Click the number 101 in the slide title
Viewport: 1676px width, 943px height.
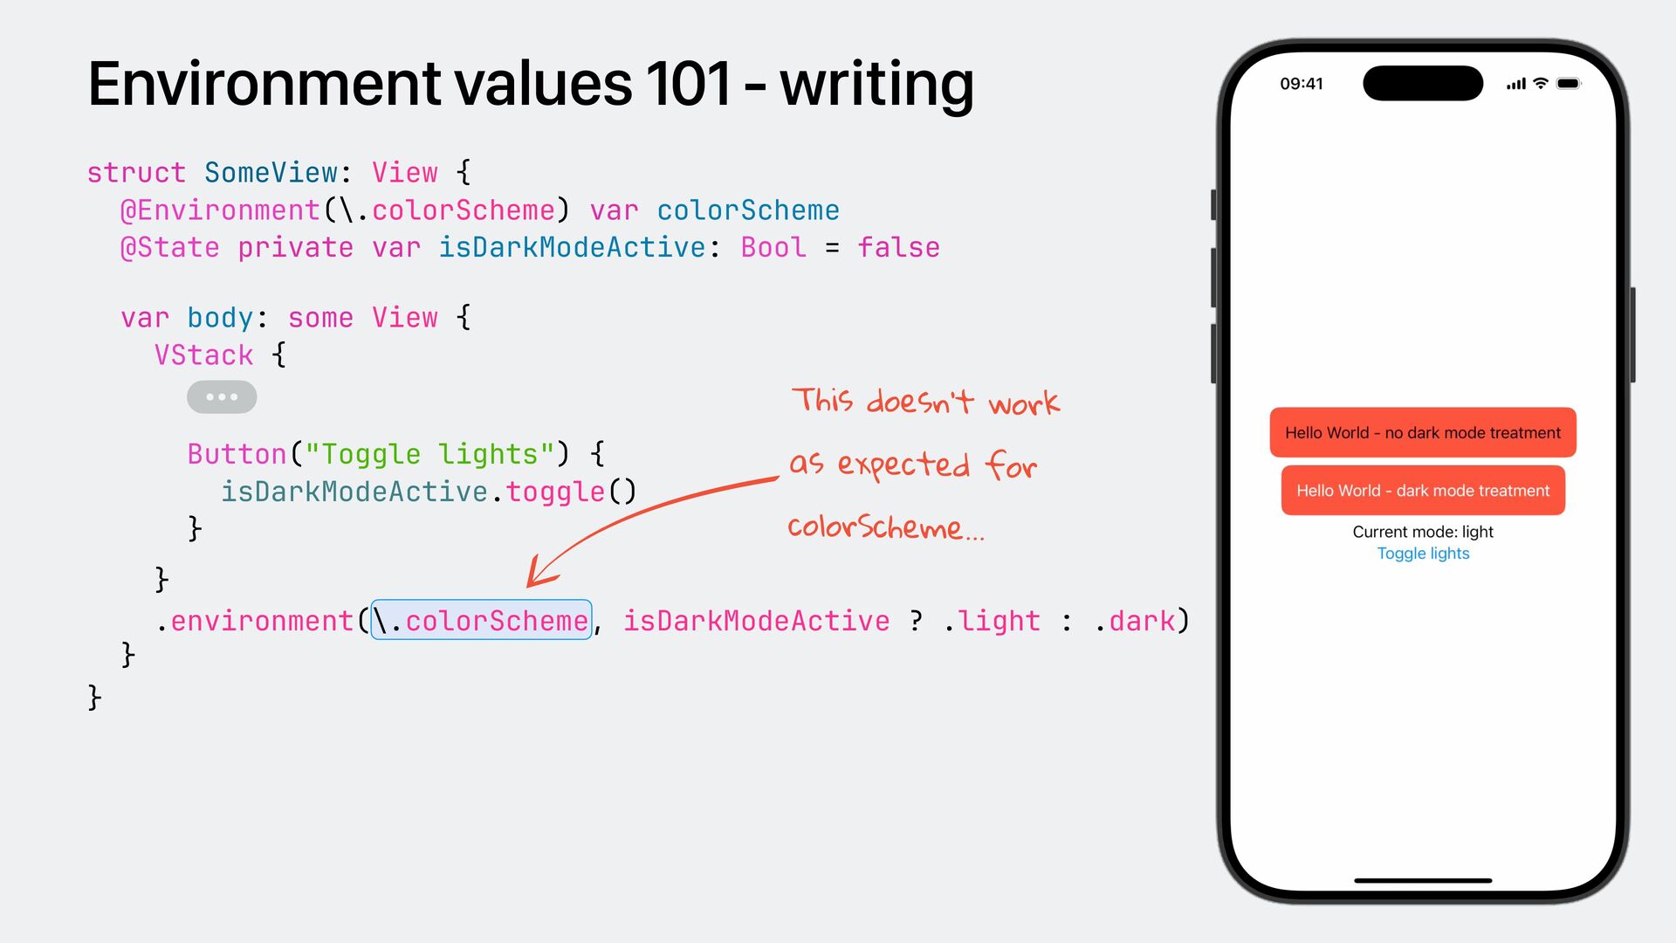(688, 85)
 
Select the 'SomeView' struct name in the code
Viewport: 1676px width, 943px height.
(271, 173)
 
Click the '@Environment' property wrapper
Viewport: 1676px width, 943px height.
(220, 210)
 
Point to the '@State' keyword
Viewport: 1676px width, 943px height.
(170, 248)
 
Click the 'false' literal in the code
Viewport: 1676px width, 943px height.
(898, 248)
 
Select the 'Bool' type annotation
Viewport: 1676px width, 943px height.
(773, 248)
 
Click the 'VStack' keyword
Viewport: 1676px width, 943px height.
(203, 355)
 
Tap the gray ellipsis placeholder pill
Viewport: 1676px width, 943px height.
(222, 397)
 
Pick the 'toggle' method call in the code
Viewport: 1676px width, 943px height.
(555, 492)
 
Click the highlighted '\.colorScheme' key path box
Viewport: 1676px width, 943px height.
(481, 621)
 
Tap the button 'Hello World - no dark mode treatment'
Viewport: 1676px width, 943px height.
(1422, 433)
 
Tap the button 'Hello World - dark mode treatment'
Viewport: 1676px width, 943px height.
(1422, 491)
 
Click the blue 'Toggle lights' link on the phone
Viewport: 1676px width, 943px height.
(1423, 554)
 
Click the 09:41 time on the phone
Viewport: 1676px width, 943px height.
(1301, 84)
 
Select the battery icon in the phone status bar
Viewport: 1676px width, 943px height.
(1568, 84)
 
